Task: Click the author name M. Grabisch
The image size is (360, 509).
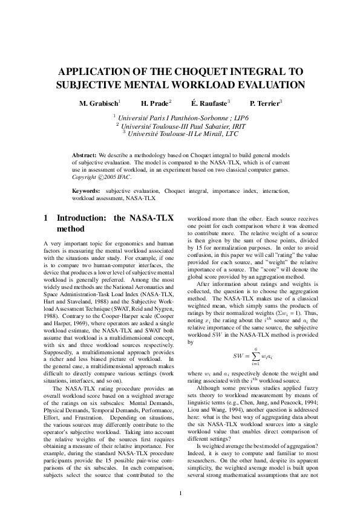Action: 99,104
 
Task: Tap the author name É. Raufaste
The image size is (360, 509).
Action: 209,104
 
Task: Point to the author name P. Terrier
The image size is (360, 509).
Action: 265,104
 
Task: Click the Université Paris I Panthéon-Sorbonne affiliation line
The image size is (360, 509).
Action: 180,118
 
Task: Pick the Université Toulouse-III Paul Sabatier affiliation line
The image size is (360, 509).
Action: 180,126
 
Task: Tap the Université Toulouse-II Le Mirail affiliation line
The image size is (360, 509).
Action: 180,133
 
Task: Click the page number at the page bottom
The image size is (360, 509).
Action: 180,494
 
